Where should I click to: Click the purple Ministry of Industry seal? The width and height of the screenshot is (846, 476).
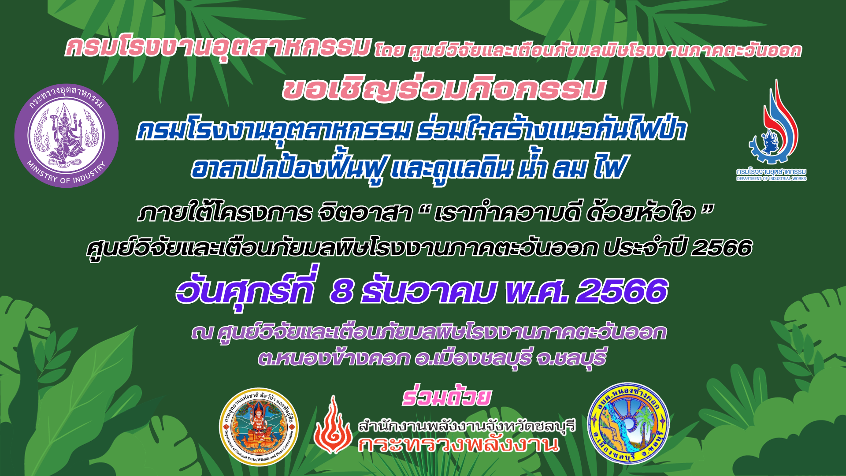[x=67, y=135]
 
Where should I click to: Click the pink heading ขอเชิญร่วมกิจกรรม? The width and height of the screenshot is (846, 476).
[x=444, y=89]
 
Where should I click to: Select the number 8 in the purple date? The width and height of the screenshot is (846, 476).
[x=342, y=292]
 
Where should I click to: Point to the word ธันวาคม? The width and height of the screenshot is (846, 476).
[x=428, y=291]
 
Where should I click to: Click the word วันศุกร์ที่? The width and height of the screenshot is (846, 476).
[x=246, y=289]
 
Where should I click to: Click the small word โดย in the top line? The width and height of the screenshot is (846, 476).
[x=389, y=51]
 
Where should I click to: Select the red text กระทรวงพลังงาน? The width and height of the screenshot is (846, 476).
[x=459, y=444]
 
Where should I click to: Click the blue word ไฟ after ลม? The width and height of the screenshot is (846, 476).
[x=609, y=167]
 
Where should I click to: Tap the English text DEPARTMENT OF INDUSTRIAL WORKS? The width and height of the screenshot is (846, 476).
[x=772, y=178]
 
